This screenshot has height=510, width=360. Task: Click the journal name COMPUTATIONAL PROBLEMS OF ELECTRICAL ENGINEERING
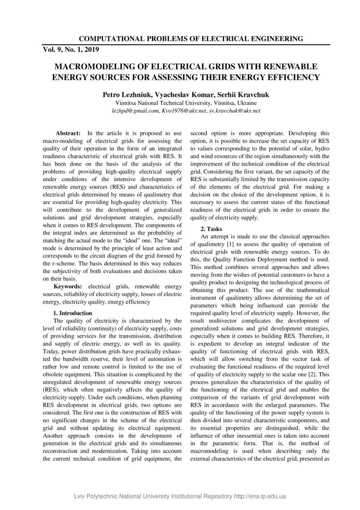[x=191, y=39]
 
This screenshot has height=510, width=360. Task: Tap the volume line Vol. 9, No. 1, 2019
[x=71, y=50]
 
